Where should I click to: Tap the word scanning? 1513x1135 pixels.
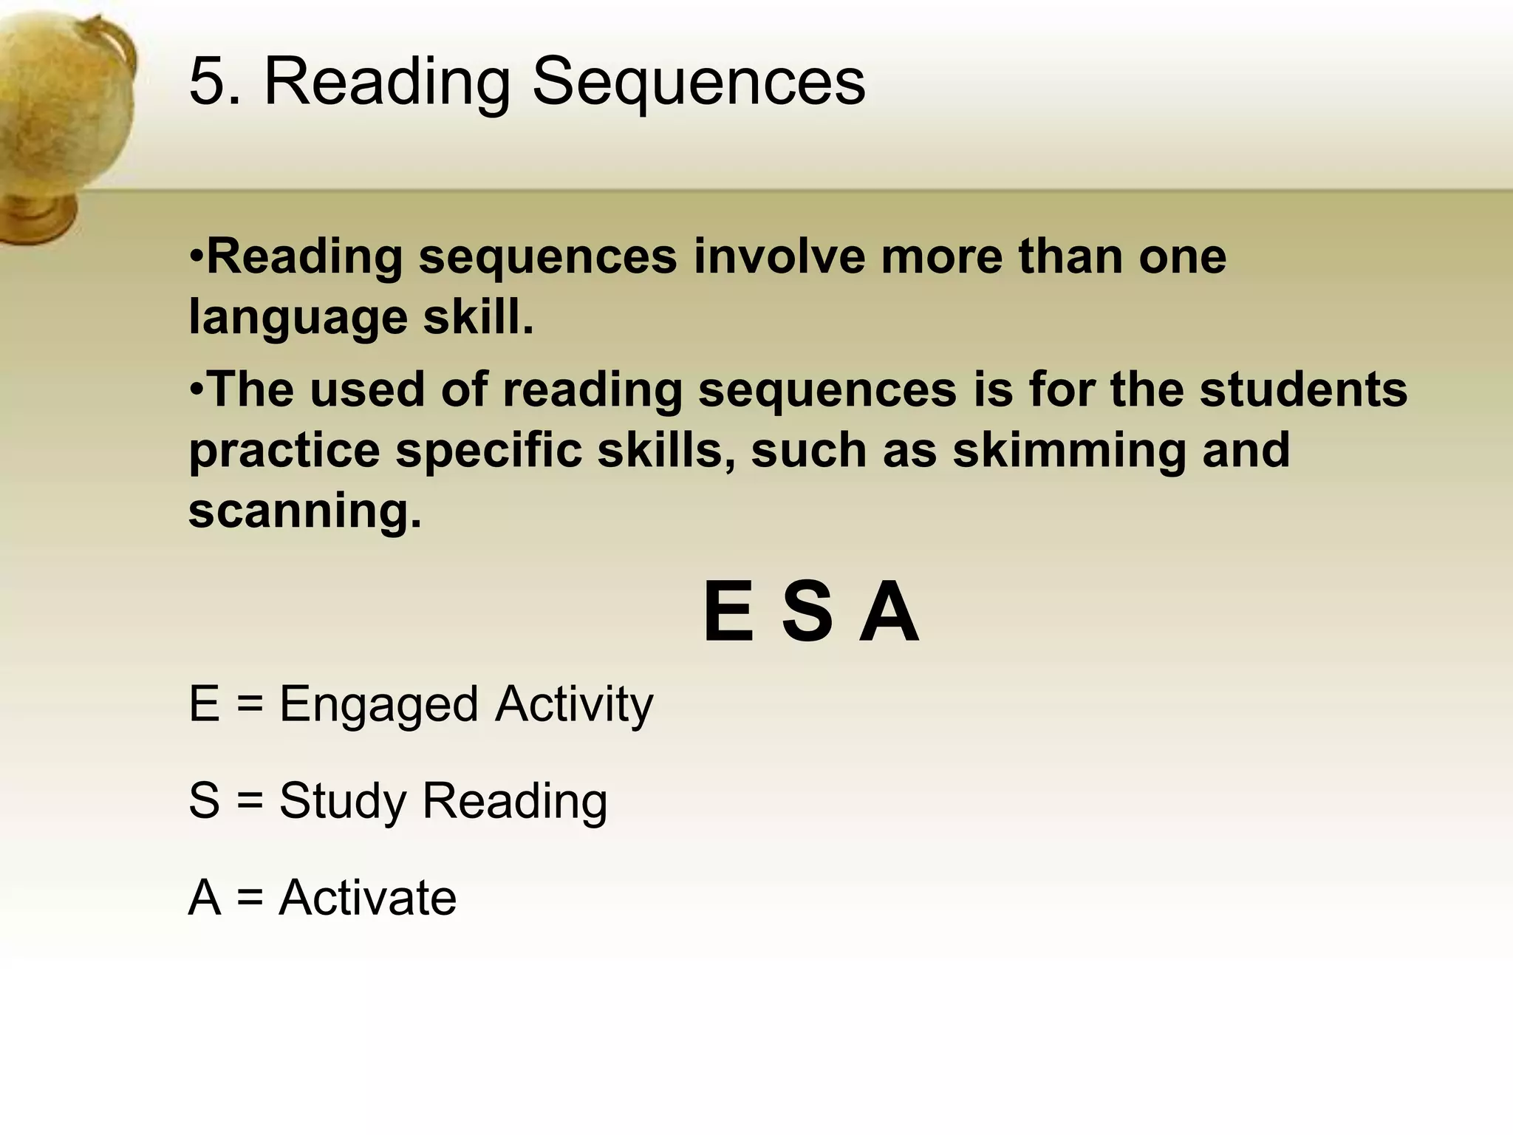[x=304, y=511]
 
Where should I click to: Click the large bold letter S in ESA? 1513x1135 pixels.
[x=807, y=613]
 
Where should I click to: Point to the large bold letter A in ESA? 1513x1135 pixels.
[x=889, y=613]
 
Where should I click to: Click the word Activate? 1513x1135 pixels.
[x=367, y=898]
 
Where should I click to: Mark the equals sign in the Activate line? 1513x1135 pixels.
[x=250, y=899]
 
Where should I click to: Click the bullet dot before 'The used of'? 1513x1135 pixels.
[x=196, y=389]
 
